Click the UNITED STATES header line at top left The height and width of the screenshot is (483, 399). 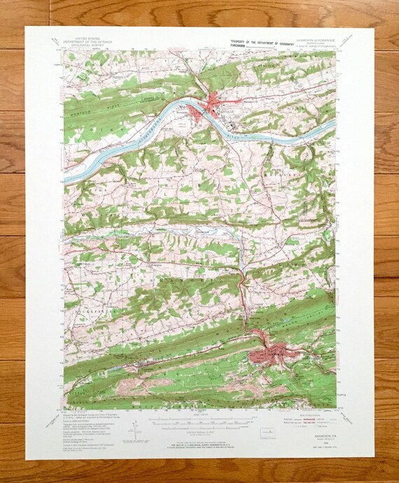[x=90, y=41]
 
